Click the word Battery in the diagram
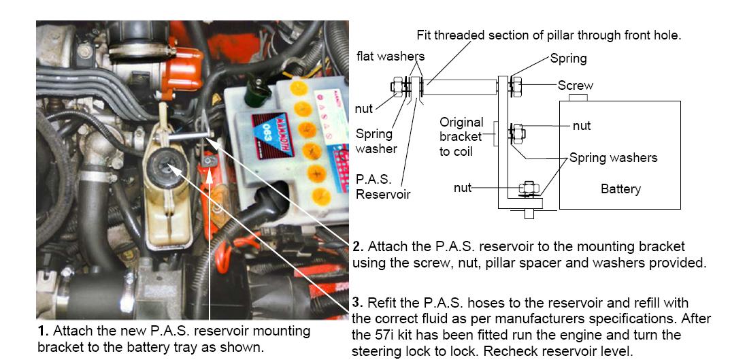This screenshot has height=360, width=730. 620,189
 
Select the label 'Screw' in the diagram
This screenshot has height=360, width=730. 575,85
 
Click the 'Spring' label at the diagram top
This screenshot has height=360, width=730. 568,59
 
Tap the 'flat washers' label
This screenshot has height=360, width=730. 389,55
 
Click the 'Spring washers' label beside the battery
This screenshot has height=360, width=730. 613,157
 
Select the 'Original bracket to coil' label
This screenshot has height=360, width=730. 461,137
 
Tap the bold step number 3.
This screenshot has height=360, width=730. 358,302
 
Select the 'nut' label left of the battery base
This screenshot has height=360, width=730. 463,187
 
